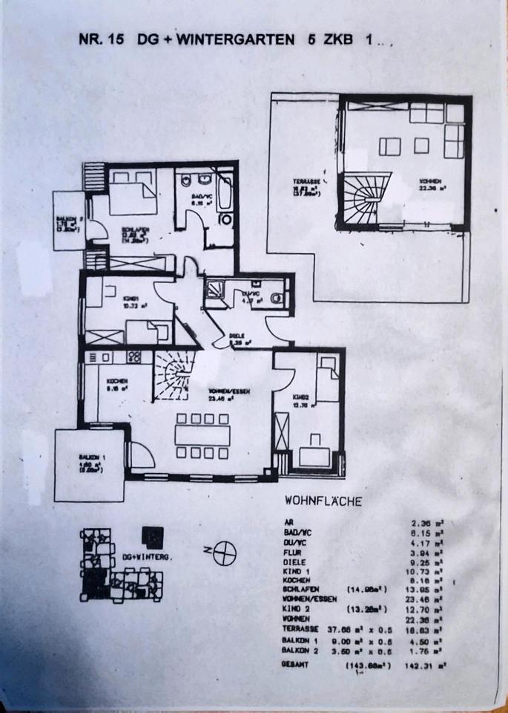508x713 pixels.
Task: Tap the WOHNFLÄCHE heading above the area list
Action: tap(323, 501)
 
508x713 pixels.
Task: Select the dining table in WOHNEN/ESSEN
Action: tap(202, 436)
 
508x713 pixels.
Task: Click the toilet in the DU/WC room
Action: tap(277, 298)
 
